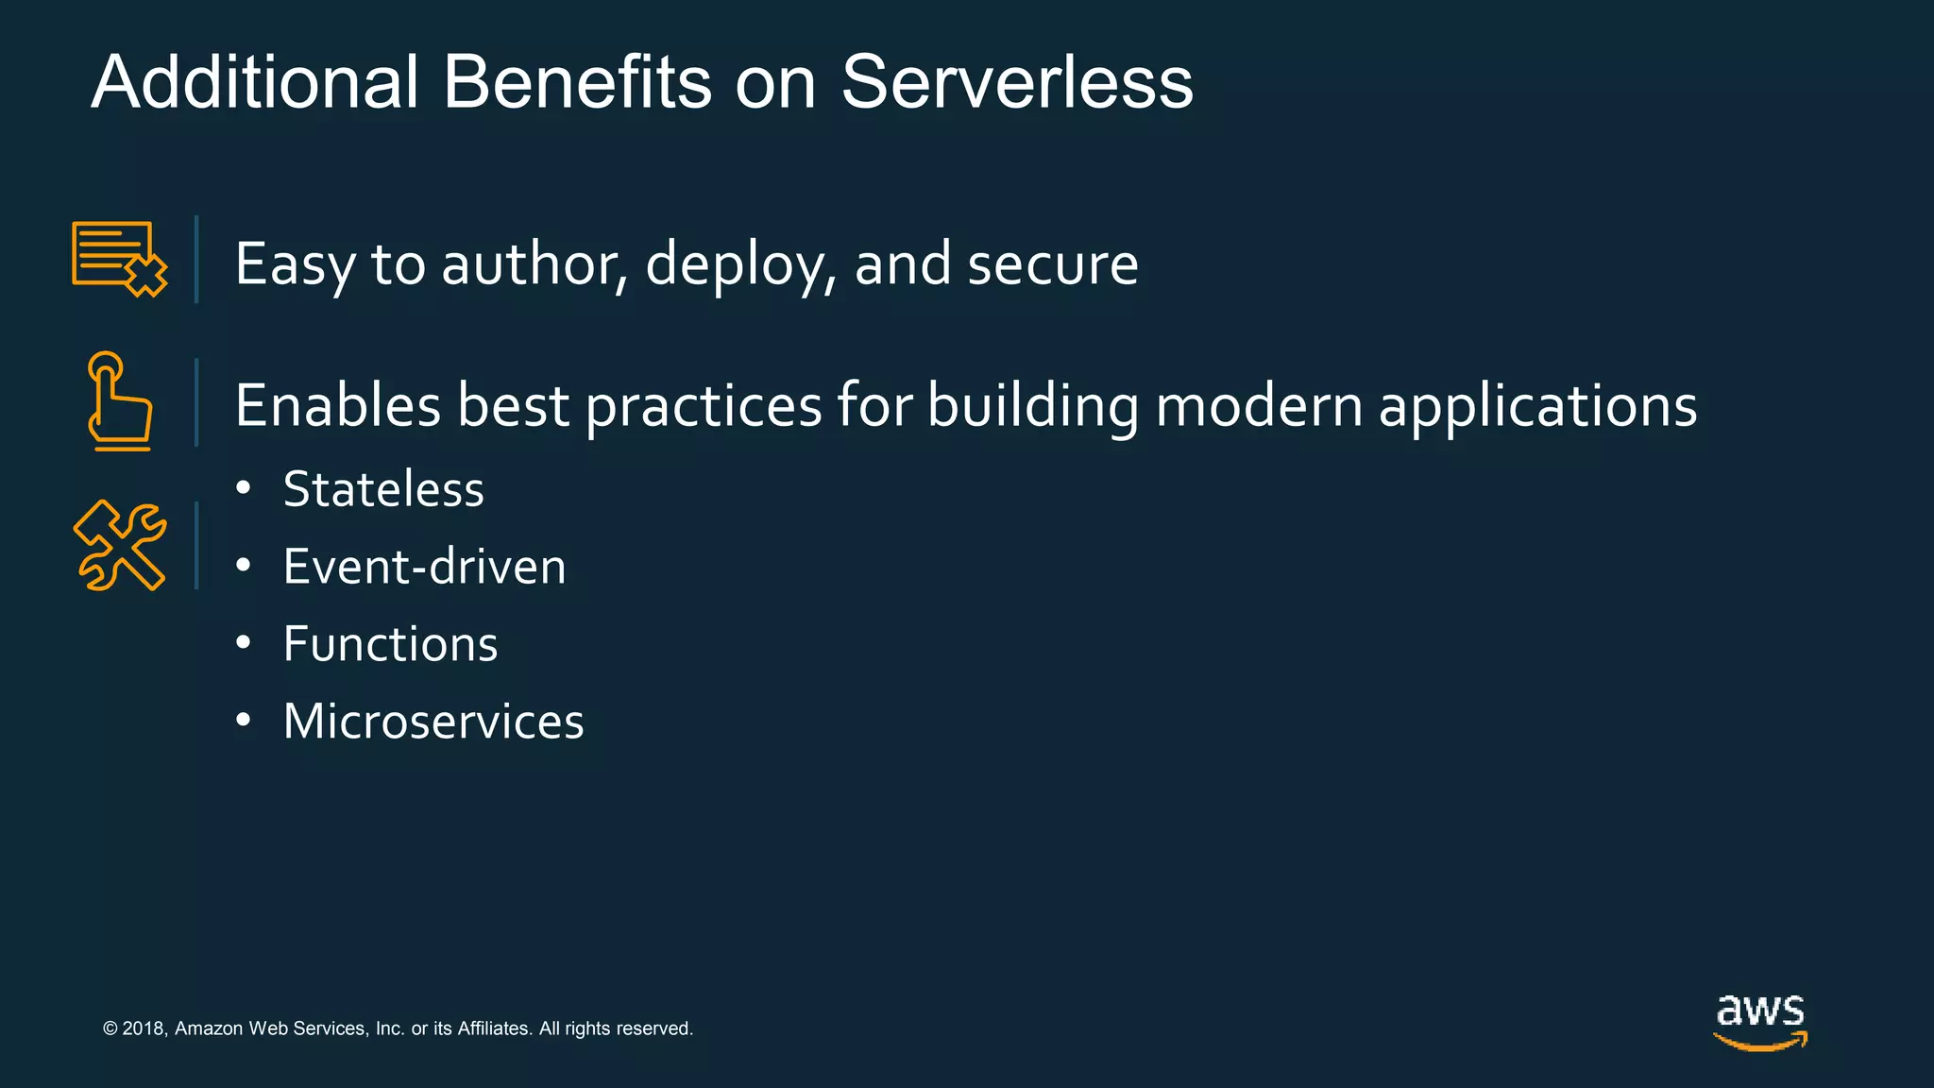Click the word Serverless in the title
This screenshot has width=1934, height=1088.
(1016, 82)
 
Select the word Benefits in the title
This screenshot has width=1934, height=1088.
(576, 82)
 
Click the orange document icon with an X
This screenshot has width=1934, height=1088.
(119, 259)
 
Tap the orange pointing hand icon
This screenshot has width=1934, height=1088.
(118, 401)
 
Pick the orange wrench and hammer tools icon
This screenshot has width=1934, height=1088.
(120, 545)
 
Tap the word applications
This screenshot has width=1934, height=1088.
(1537, 407)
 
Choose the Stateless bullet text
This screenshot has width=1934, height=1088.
(383, 489)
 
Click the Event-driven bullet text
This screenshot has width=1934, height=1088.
(424, 567)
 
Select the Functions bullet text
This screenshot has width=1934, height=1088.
(390, 644)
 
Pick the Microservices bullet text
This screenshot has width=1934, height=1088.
(433, 722)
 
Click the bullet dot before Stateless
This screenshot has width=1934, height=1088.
(244, 489)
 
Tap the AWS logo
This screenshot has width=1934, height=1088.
(1759, 1021)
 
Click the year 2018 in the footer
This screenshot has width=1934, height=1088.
(144, 1028)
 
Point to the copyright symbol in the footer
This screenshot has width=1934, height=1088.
(110, 1028)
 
